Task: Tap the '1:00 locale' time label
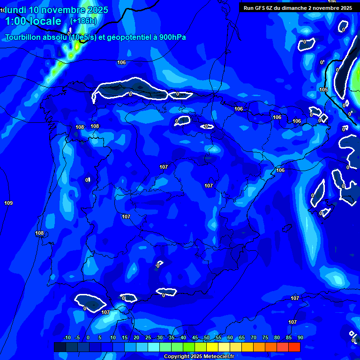(33, 21)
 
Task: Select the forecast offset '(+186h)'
(83, 21)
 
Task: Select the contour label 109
(8, 203)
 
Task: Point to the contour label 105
(323, 90)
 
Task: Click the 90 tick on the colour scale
(300, 337)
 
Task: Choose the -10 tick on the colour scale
(67, 337)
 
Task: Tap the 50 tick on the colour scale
(207, 337)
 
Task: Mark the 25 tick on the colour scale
(148, 337)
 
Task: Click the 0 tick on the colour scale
(88, 337)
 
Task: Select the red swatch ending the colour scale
(294, 347)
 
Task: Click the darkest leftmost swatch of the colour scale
(60, 347)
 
